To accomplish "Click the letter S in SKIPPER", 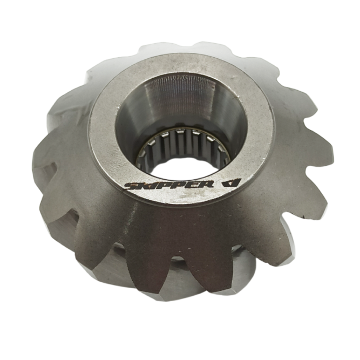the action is point(131,186).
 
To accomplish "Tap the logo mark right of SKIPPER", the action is point(232,183).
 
